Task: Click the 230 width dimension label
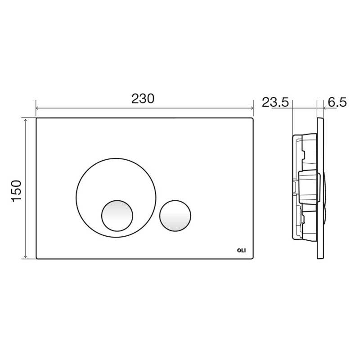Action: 143,99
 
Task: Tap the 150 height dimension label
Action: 16,191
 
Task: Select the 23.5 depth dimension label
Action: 275,102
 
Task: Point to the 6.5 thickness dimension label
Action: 337,102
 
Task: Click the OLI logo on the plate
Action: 241,251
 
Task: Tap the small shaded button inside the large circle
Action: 117,216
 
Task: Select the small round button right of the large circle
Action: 175,216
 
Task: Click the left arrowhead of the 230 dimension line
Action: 37,108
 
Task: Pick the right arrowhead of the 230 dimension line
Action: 252,108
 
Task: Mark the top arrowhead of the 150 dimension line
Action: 26,120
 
